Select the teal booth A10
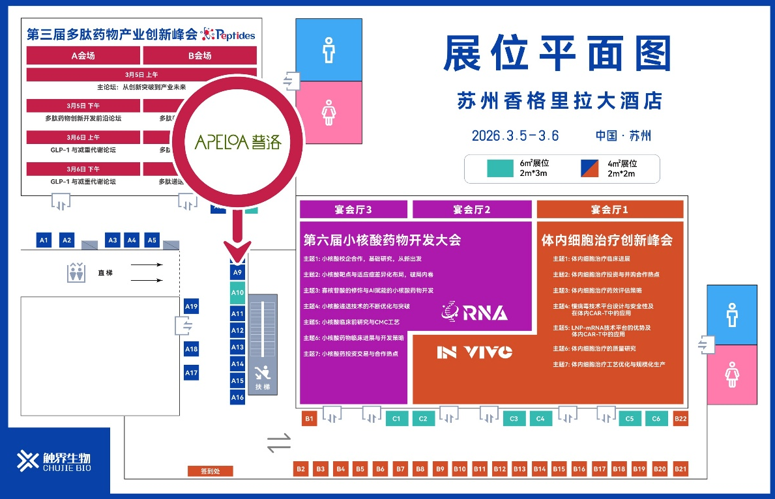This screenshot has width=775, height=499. (237, 293)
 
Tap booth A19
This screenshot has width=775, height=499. (191, 306)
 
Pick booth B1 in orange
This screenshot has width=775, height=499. (310, 419)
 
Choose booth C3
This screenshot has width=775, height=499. (514, 419)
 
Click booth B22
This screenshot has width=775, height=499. (680, 419)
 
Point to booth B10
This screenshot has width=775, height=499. (460, 468)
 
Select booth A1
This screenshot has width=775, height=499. (44, 240)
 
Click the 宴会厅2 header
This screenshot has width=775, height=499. (471, 209)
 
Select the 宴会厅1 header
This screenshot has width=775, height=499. (609, 209)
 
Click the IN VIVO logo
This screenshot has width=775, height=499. (475, 352)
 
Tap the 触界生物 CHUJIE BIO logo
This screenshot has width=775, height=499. (55, 461)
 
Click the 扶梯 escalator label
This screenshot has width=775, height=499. (262, 386)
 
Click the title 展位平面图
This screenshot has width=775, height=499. (557, 54)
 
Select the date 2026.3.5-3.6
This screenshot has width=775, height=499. (515, 135)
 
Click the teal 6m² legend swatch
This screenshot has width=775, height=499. (500, 168)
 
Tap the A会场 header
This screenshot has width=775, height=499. (83, 55)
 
